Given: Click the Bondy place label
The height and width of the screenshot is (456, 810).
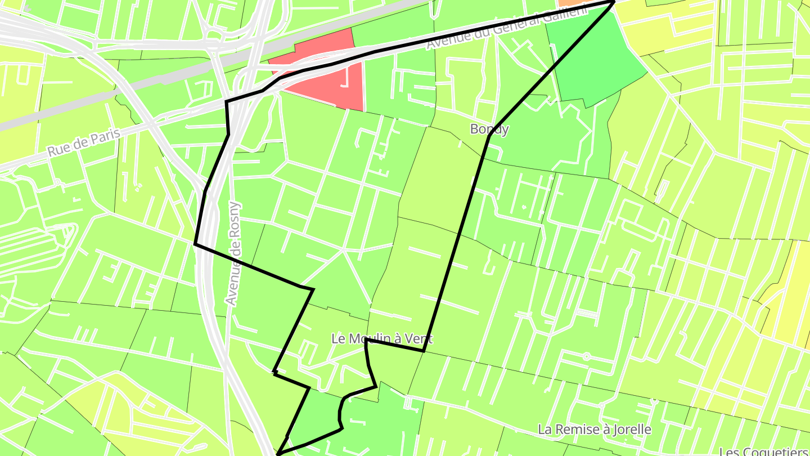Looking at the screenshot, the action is (489, 129).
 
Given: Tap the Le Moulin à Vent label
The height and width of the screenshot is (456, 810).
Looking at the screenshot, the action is (382, 339).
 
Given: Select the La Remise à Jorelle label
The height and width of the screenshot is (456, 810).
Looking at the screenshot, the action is (595, 430).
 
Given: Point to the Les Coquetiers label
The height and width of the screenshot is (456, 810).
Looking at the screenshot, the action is (763, 451).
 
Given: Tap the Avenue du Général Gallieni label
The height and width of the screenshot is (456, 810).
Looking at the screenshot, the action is (506, 27).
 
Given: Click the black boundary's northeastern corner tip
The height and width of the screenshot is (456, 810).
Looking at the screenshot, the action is (614, 2).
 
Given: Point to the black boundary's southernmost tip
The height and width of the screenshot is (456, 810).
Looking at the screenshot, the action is (277, 453).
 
